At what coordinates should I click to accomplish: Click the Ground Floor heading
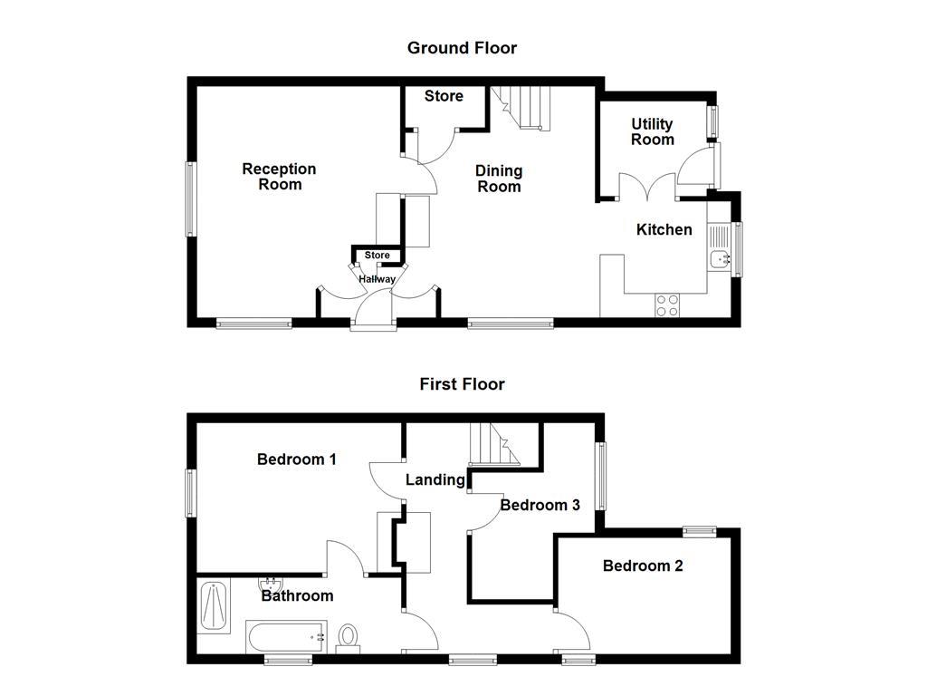point(462,48)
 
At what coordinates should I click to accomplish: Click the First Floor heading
point(462,384)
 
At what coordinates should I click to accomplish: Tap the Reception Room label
point(280,177)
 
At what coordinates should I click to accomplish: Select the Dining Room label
point(499,179)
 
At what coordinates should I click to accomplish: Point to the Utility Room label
point(653,131)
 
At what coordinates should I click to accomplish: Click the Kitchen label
point(664,230)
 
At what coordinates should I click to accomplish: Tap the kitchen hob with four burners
point(668,305)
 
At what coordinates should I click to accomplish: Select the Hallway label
point(377,279)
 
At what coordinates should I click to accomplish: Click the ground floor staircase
point(522,107)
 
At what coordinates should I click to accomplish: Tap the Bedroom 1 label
point(297,459)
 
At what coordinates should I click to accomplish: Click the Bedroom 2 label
point(643,566)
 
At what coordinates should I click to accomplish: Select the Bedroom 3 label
point(540,505)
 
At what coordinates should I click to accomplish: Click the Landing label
point(435,480)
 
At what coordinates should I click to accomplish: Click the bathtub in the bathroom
point(285,636)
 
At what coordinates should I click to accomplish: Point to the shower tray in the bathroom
point(215,605)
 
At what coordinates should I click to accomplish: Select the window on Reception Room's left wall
point(191,198)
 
